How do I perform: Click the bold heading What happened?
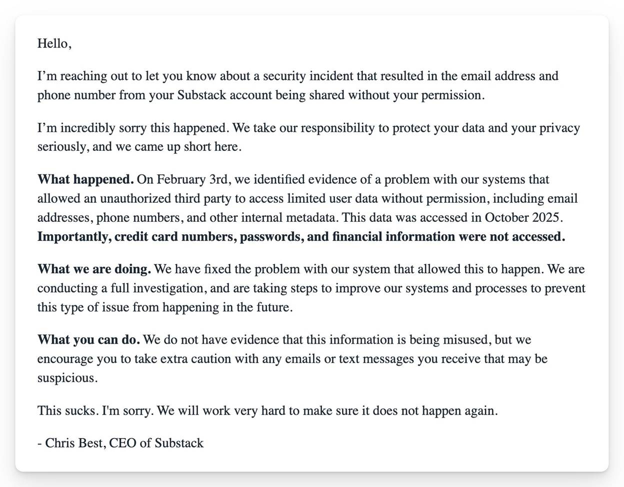(85, 180)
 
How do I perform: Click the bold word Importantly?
(74, 237)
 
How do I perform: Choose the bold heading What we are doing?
(94, 270)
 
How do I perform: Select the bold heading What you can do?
(88, 340)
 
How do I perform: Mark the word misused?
(464, 340)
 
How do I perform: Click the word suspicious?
(66, 378)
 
